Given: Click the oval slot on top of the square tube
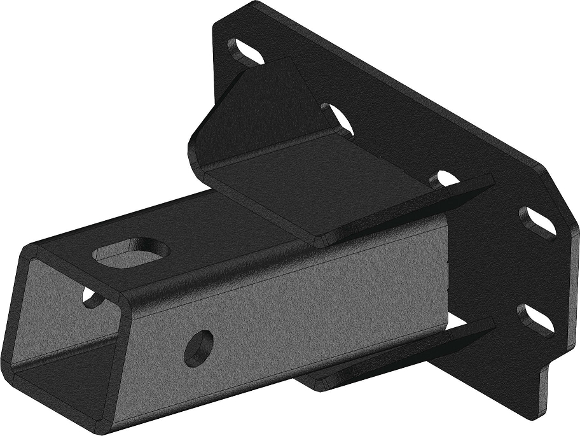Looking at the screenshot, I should (x=128, y=250).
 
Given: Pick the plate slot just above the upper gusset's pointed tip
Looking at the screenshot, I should (x=445, y=179).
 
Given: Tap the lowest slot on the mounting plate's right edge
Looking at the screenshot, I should (x=537, y=318).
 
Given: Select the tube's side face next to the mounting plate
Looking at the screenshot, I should (x=382, y=299).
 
